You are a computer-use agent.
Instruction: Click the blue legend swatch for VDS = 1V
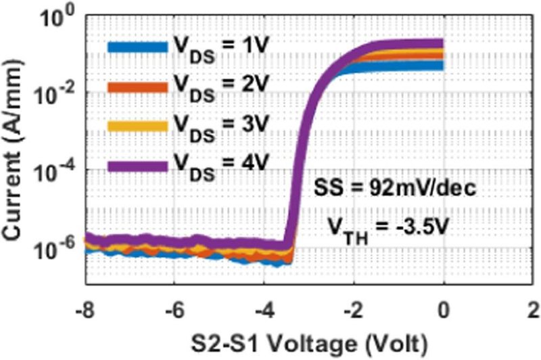click(x=135, y=47)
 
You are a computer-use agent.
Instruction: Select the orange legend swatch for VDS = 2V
click(x=135, y=87)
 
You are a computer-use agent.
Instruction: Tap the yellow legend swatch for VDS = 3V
click(x=135, y=126)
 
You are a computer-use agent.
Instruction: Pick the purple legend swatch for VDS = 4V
click(x=135, y=164)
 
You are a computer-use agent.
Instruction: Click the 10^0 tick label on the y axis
click(x=57, y=19)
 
